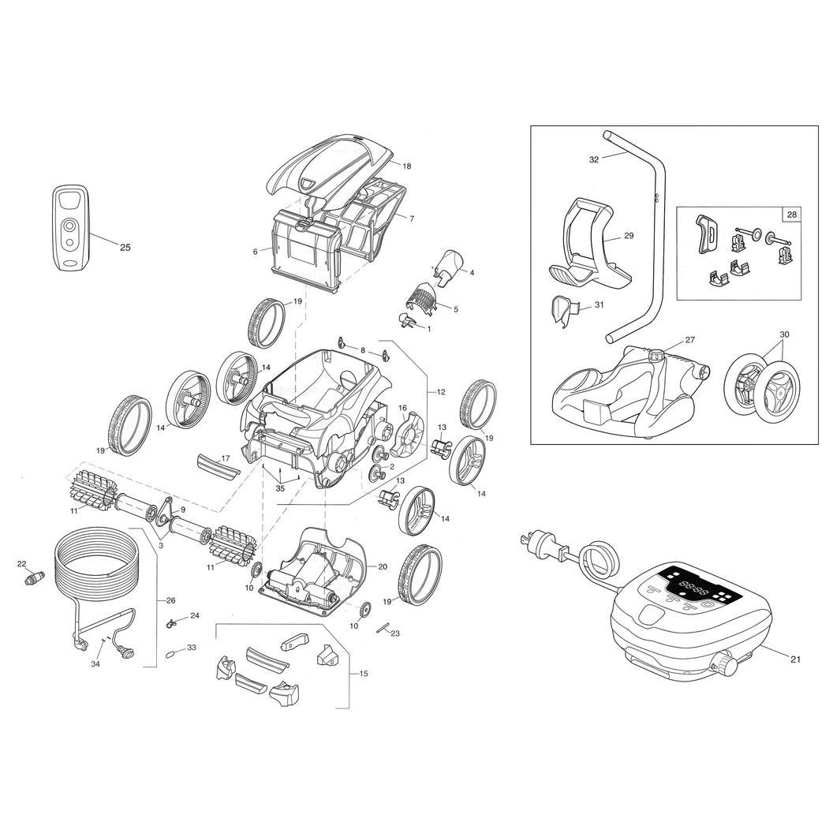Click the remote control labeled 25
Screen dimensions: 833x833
70,229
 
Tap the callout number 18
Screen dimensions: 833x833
406,166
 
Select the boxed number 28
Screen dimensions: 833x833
791,215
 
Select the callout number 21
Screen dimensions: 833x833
795,659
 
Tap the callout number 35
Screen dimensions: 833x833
280,488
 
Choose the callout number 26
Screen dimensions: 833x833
170,601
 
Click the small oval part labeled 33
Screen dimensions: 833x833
170,654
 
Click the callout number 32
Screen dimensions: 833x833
594,159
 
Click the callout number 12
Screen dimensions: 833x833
441,392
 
